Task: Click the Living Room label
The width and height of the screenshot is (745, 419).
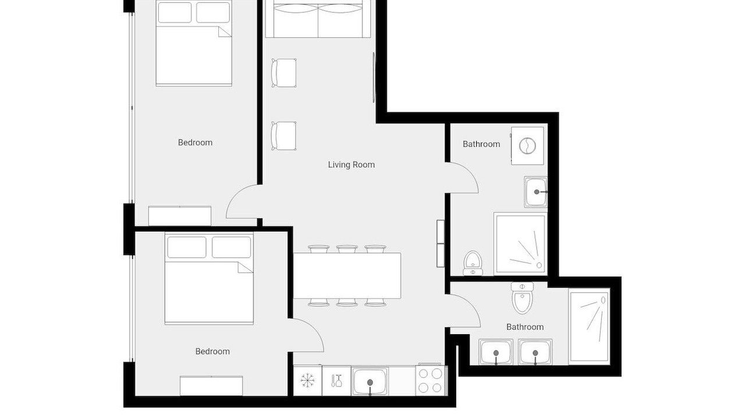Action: pos(351,165)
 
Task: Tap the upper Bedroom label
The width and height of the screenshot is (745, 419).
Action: pos(195,143)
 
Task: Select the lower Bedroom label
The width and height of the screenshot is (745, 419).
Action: pos(212,351)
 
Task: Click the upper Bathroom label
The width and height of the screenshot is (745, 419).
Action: pos(481,144)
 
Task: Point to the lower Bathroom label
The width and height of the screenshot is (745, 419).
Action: pos(525,327)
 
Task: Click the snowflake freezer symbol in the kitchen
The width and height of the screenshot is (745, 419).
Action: pos(307,381)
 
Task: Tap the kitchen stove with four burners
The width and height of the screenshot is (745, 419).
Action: pos(430,381)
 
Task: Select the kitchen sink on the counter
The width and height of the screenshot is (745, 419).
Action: pos(370,381)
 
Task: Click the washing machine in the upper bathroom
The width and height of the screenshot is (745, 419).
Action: pos(527,145)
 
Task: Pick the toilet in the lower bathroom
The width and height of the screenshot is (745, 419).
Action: pos(522,298)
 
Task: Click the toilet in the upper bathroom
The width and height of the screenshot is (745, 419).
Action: pos(473,263)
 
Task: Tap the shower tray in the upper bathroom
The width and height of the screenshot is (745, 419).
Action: pos(520,244)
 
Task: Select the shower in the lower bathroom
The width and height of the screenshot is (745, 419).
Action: pos(590,326)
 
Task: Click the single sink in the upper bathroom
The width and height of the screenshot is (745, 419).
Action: pos(536,192)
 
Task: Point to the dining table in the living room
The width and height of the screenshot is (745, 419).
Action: pos(347,275)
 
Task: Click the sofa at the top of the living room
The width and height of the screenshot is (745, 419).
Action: pos(318,19)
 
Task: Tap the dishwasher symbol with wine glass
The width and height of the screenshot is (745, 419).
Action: pos(336,381)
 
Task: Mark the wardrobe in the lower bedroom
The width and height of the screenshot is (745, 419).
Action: pos(211,386)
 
